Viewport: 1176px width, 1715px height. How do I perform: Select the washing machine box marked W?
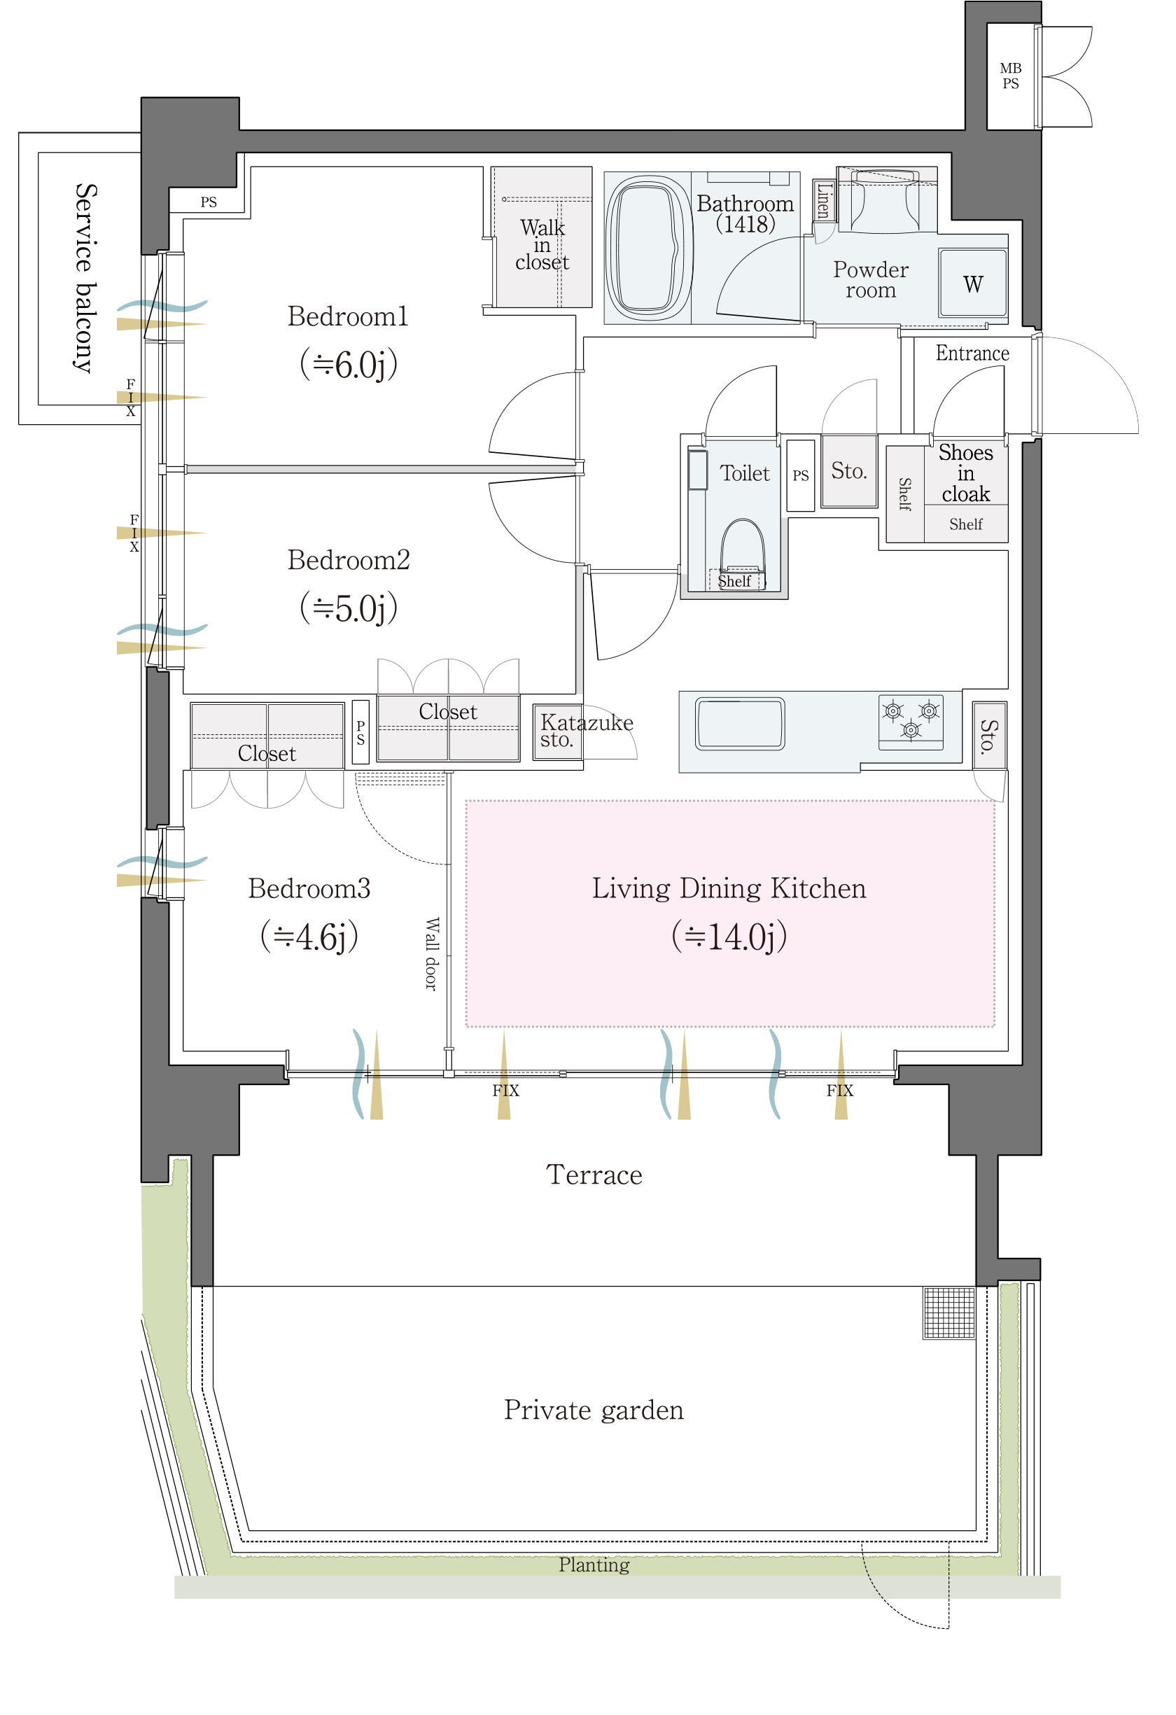pos(973,283)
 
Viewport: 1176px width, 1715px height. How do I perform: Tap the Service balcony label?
pos(85,278)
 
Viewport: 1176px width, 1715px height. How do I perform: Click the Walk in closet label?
pos(542,244)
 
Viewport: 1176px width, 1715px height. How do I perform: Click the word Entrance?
pos(972,353)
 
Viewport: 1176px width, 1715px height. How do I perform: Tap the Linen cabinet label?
pos(823,201)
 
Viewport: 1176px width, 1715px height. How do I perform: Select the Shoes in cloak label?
pos(966,473)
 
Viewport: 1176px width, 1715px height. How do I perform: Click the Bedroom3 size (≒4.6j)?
pos(309,937)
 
